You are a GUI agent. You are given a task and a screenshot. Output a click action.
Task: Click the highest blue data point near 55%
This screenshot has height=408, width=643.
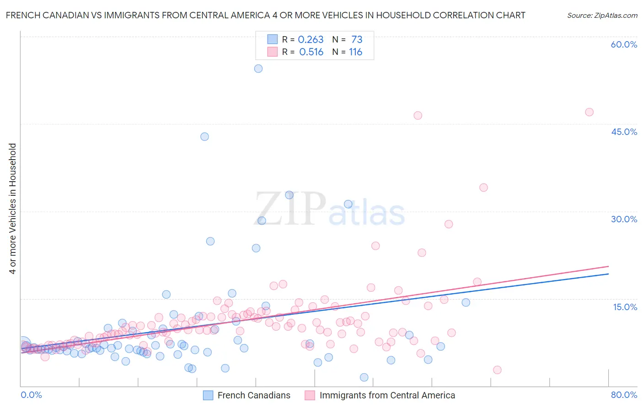pos(258,69)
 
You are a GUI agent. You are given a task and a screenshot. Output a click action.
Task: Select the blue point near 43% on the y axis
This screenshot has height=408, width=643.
pos(204,137)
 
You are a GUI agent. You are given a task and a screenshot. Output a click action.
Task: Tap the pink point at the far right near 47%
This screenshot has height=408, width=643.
pos(589,112)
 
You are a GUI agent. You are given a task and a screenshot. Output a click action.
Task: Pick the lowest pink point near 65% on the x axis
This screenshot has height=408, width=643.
pos(497,370)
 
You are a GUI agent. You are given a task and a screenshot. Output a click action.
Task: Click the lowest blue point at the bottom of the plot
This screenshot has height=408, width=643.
pos(364,377)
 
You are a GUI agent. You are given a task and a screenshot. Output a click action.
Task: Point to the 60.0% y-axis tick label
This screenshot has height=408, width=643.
pos(624,44)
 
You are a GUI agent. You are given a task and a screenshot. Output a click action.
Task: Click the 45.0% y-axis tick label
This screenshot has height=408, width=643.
pos(624,132)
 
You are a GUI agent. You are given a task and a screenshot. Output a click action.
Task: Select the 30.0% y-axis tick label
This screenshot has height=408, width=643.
pos(624,219)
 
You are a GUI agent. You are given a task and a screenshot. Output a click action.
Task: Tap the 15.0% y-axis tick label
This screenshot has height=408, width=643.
pos(625,307)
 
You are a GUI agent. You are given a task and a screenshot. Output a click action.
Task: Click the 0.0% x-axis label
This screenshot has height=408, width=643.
pos(32,395)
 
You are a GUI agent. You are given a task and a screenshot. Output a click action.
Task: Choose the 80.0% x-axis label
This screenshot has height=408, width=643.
pos(624,395)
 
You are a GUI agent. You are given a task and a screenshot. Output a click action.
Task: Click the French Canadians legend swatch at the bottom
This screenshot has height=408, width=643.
pos(208,395)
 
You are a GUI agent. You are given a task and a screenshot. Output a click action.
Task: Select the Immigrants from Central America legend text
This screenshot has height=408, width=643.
pos(387,395)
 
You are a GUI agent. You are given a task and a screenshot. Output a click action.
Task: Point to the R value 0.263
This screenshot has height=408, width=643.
pos(311,40)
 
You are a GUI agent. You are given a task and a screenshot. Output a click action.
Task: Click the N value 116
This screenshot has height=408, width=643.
pos(355,52)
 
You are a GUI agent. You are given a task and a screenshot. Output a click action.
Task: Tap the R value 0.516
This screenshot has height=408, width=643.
pos(311,52)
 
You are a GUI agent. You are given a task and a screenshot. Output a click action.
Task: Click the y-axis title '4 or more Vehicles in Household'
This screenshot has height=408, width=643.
pos(13,209)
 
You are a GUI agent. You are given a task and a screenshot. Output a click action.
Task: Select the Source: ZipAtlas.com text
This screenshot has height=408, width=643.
pos(602,16)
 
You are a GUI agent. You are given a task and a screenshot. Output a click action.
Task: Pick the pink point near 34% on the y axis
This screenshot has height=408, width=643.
pos(483,188)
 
